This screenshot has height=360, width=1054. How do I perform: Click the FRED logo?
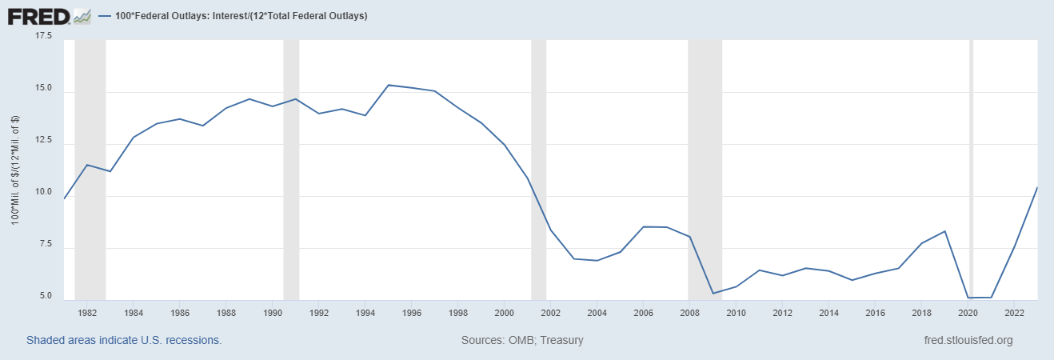click(x=49, y=15)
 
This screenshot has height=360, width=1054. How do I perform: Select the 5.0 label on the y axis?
click(x=44, y=297)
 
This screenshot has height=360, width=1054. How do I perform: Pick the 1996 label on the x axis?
click(x=412, y=312)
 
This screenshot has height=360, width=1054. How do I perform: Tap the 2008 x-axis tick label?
click(x=689, y=312)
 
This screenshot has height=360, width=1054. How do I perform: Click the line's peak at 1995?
click(x=389, y=85)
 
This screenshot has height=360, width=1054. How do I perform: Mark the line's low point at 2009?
click(x=713, y=294)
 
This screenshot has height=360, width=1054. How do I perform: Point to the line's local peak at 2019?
click(x=945, y=231)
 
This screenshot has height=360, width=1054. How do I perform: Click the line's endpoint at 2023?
click(x=1037, y=187)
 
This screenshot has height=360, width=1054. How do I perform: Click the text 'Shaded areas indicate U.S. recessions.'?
click(x=124, y=340)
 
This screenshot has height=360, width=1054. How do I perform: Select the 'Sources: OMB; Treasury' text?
click(x=522, y=340)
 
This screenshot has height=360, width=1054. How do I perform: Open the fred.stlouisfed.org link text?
click(x=968, y=340)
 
